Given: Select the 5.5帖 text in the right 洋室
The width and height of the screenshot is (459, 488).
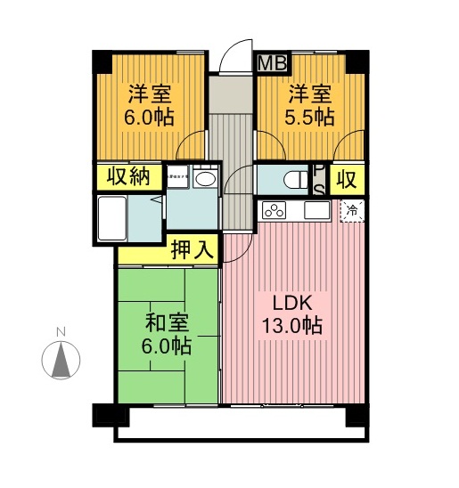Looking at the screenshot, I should tap(309, 117).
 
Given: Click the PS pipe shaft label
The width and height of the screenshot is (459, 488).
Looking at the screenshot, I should tap(318, 180).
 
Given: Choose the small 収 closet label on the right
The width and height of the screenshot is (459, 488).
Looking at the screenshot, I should tap(347, 179).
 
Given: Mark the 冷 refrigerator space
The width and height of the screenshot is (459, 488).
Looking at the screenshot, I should tap(353, 211).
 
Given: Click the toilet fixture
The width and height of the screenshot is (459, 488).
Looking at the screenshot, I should tap(291, 180).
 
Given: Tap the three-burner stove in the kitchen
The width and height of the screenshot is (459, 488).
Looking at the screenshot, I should tap(274, 212).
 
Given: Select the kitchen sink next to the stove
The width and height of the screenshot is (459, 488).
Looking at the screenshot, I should tap(316, 212).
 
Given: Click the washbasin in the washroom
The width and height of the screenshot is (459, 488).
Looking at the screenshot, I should tap(204, 180).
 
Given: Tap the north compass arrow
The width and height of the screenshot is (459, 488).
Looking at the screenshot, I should tap(61, 361).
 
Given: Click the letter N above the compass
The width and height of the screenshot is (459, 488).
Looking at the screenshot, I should tap(61, 333).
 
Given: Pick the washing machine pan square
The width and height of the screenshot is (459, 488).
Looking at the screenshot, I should tap(177, 176).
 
